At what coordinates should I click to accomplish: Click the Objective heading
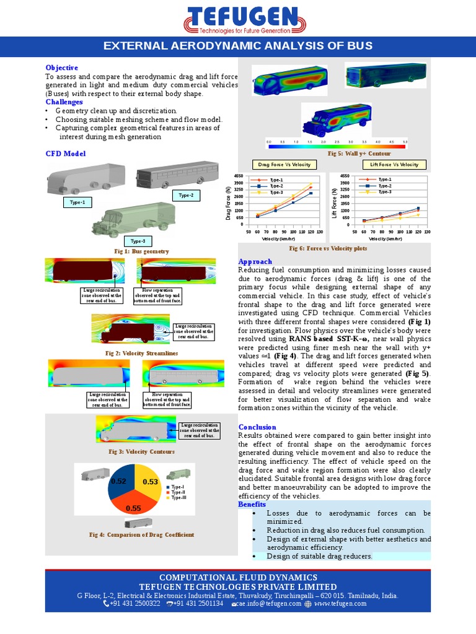point(62,67)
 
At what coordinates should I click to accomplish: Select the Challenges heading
point(64,102)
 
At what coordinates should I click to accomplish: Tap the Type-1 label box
point(77,202)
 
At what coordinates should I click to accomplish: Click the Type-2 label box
point(186,195)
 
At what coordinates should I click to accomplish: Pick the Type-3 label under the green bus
point(138,241)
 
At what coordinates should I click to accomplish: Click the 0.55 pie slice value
point(133,508)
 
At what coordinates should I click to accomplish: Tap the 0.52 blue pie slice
point(118,481)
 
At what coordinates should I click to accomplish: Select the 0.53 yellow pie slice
point(151,481)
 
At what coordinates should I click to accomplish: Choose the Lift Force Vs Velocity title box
point(394,164)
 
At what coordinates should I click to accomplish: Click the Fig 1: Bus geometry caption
point(142,251)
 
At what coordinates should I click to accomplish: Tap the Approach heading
point(255,262)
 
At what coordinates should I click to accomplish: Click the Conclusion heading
point(257,427)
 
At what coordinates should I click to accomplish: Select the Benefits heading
point(252,505)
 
